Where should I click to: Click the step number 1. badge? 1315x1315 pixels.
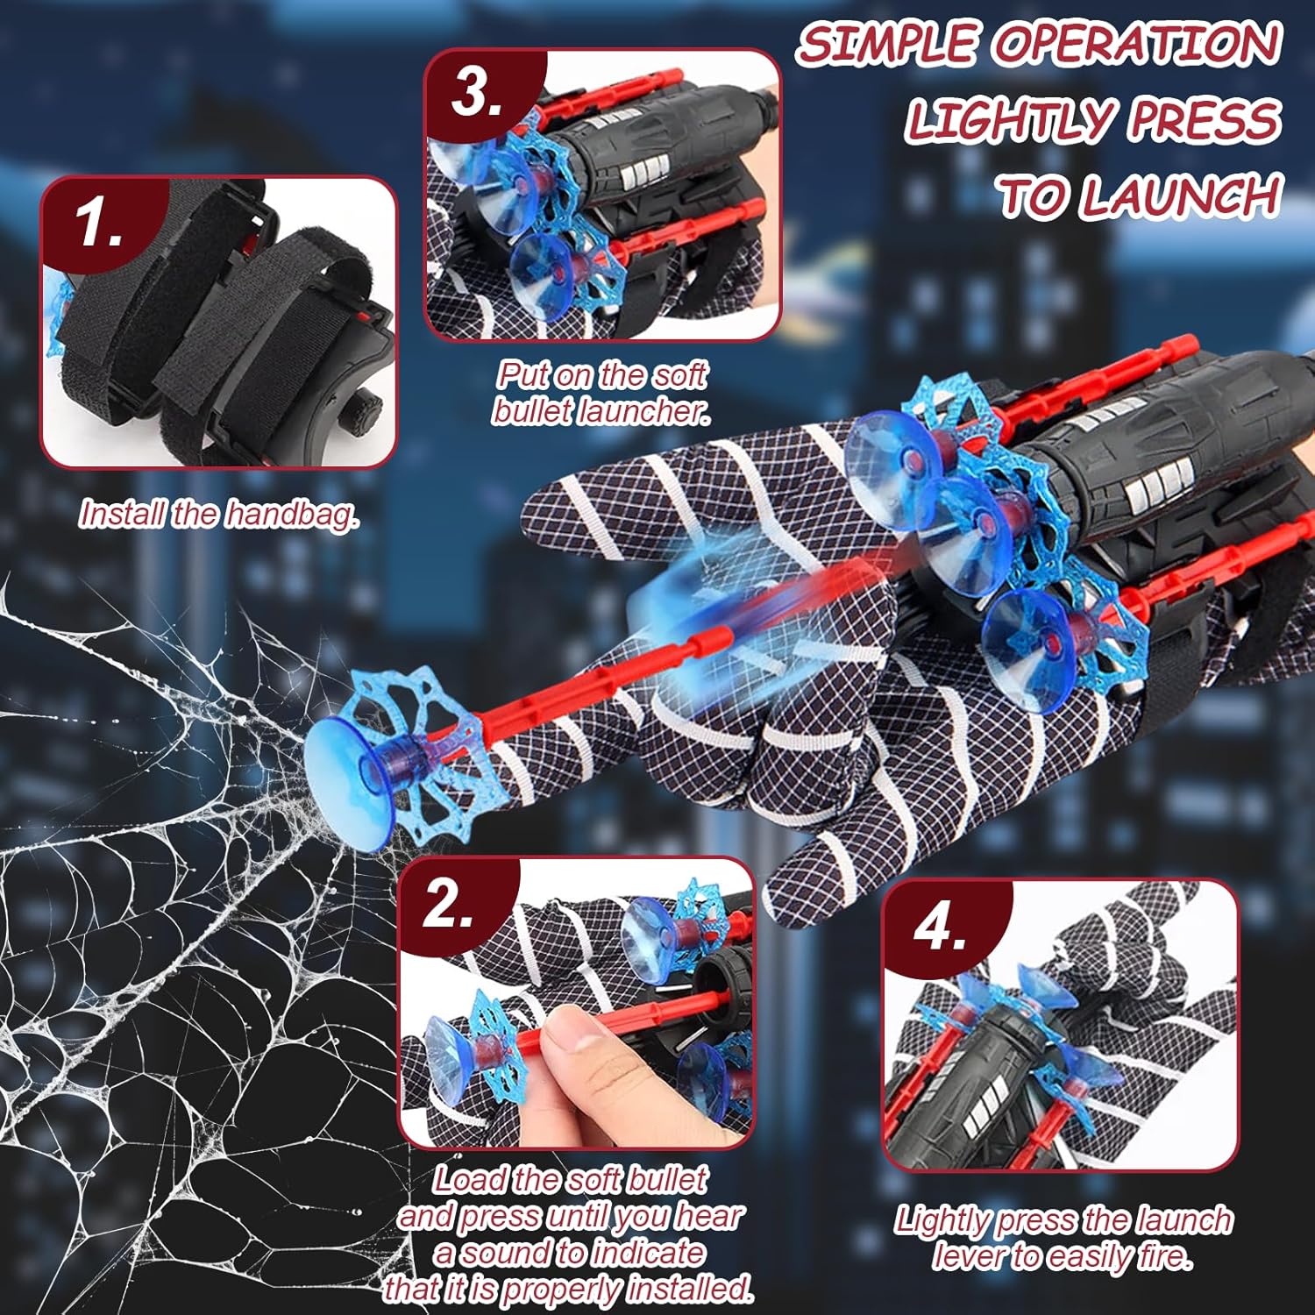tap(98, 222)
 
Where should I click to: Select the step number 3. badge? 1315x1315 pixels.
tap(479, 93)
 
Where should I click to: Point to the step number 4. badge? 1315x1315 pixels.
tap(941, 926)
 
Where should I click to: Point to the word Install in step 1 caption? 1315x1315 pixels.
tap(123, 514)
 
